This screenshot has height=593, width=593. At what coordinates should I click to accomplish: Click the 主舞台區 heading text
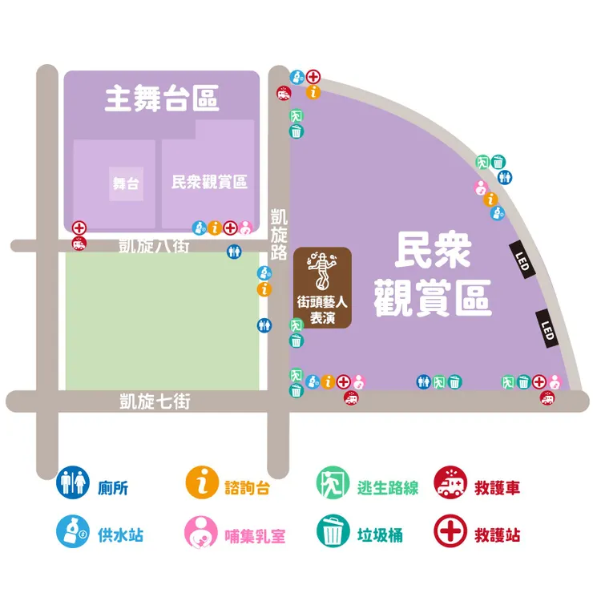click(x=162, y=101)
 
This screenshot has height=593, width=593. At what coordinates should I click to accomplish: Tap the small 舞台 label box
click(x=126, y=184)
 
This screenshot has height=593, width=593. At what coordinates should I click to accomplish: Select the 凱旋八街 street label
click(x=154, y=245)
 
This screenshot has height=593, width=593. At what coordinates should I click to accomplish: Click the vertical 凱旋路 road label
click(x=279, y=235)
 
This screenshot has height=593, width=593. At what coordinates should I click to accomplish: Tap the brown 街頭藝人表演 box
click(x=322, y=288)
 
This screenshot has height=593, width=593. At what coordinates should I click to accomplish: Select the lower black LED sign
click(x=547, y=329)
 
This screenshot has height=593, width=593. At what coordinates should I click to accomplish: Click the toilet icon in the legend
click(x=71, y=483)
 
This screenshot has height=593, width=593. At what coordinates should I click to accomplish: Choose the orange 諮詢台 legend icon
click(x=202, y=483)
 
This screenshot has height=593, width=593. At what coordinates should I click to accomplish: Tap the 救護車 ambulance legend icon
click(x=449, y=483)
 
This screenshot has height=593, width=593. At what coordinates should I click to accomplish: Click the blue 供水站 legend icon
click(x=71, y=531)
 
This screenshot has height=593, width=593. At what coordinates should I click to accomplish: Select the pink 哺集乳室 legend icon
click(x=202, y=531)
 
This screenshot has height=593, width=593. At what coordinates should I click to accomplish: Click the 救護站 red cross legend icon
click(x=449, y=531)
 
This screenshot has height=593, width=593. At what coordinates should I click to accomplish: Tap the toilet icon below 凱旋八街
click(x=233, y=251)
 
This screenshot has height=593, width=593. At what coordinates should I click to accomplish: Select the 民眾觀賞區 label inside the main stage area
click(x=209, y=182)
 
